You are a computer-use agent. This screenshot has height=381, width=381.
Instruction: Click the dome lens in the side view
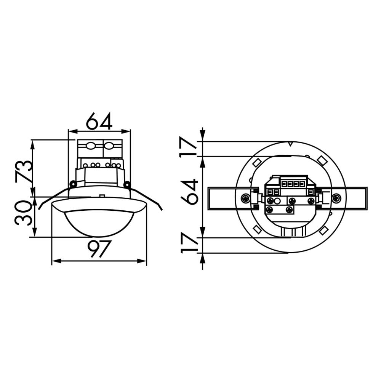click(99, 223)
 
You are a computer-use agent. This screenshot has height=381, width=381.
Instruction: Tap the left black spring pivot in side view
click(73, 184)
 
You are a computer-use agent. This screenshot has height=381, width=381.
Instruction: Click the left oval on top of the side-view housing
click(91, 145)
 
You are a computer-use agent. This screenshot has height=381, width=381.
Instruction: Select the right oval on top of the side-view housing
click(109, 145)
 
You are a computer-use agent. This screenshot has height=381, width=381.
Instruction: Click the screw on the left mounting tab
click(245, 198)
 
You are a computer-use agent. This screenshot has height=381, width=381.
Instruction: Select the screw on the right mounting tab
click(336, 198)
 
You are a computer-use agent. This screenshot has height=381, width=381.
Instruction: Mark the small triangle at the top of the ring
click(290, 144)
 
